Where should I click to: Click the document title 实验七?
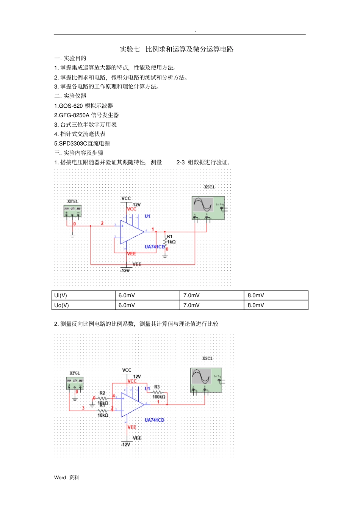pos(130,49)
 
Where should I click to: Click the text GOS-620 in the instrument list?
pos(70,106)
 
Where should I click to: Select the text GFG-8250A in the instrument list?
pos(73,115)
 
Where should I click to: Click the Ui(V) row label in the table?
pos(61,295)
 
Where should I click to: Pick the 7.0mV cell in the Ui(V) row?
pos(191,295)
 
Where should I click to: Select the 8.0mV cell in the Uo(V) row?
pos(256,305)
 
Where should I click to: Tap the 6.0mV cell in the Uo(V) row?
pos(127,305)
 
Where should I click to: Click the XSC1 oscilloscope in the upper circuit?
pos(208,208)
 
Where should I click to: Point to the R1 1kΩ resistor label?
pos(171,239)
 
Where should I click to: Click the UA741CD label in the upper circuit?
pos(155,247)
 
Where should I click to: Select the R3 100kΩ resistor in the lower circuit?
pos(158,392)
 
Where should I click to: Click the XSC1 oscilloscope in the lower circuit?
pos(206,380)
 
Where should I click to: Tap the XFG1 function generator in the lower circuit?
pos(75,383)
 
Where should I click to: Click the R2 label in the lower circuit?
pos(102,393)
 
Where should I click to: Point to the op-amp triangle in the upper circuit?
pos(131,232)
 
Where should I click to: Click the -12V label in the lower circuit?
pos(125,444)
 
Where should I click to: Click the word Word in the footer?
pos(60,478)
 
